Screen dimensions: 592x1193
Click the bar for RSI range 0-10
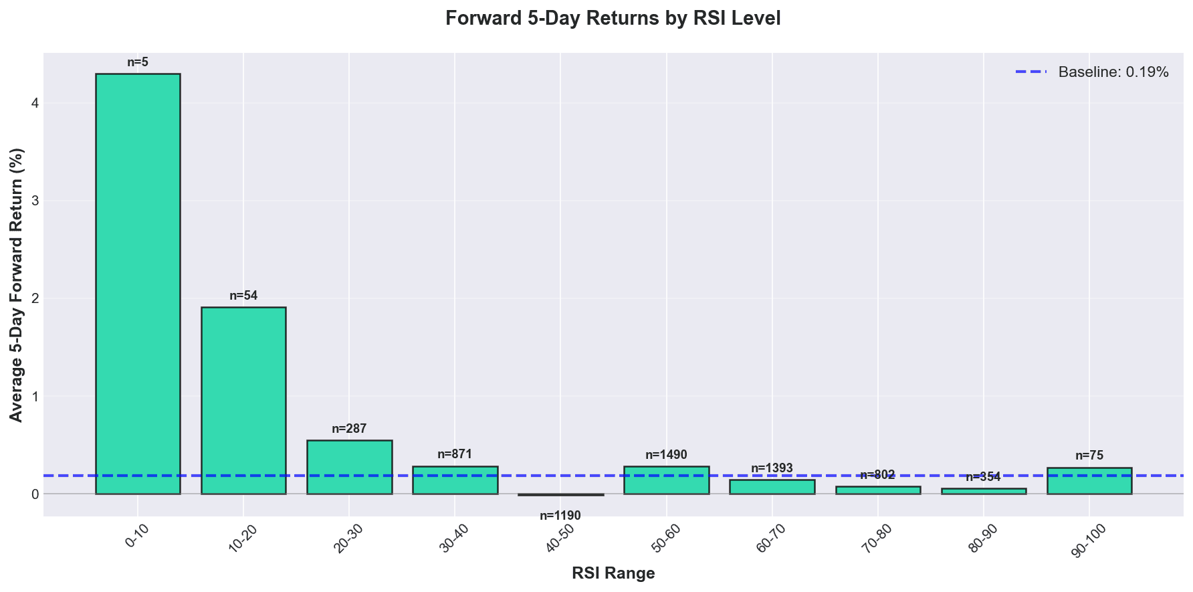[138, 284]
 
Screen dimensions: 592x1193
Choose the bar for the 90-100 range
[1089, 481]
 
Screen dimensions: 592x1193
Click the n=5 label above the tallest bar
[138, 62]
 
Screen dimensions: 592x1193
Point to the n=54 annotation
[243, 296]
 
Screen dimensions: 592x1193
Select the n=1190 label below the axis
[560, 516]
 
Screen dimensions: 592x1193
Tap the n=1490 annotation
[666, 455]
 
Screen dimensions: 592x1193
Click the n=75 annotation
[1089, 456]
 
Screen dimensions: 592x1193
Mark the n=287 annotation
[349, 429]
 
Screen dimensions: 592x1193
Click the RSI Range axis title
[613, 573]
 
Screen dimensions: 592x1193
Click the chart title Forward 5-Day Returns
[613, 18]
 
